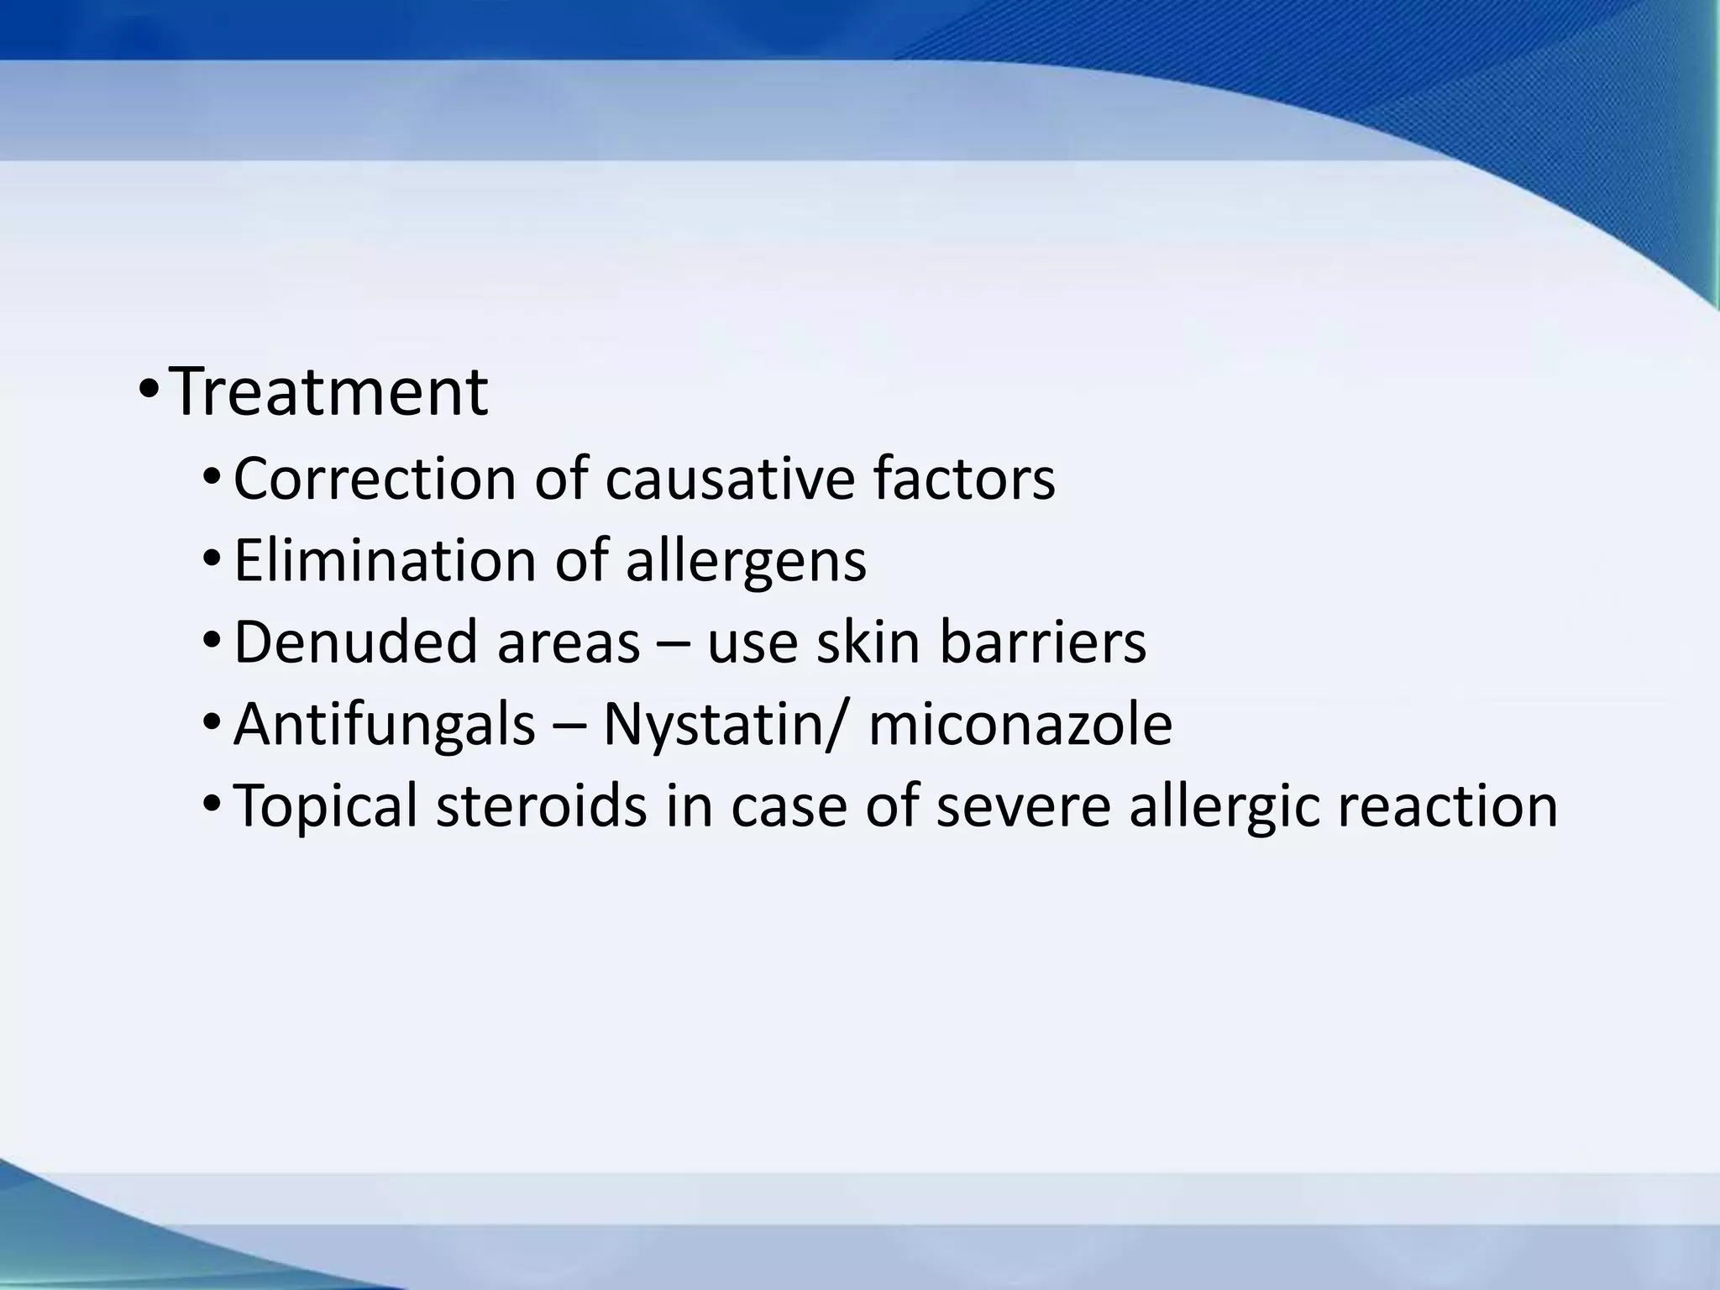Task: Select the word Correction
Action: point(374,479)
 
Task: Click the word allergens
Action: point(746,560)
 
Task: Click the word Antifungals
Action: point(384,723)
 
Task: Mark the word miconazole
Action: point(1020,723)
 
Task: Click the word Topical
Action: point(325,805)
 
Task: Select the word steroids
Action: point(542,805)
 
